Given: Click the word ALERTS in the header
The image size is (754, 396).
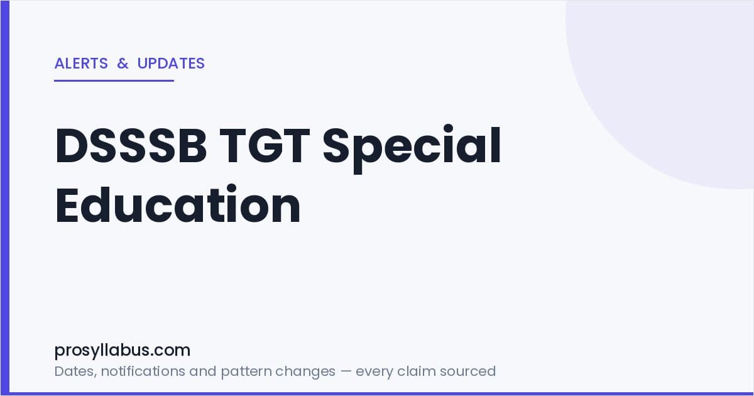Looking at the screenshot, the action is [81, 63].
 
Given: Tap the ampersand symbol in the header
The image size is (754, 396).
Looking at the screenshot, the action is [123, 63].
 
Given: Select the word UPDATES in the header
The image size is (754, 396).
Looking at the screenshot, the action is [171, 63].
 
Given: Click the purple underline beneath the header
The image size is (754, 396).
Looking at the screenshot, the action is [114, 80].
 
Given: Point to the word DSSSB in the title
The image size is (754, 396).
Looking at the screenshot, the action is [131, 145].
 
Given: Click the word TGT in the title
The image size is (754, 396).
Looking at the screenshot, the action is [265, 145].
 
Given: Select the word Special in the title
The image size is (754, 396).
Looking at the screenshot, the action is [412, 148].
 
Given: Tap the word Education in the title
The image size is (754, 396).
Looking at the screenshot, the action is [178, 204].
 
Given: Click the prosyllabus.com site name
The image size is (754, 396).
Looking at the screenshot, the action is [122, 351].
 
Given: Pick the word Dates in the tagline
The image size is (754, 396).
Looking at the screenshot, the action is [75, 371].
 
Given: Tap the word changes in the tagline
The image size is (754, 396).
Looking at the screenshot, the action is [305, 372].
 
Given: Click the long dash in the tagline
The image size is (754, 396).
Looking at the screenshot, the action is [346, 371].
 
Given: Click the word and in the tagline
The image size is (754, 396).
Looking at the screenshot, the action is [202, 371].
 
